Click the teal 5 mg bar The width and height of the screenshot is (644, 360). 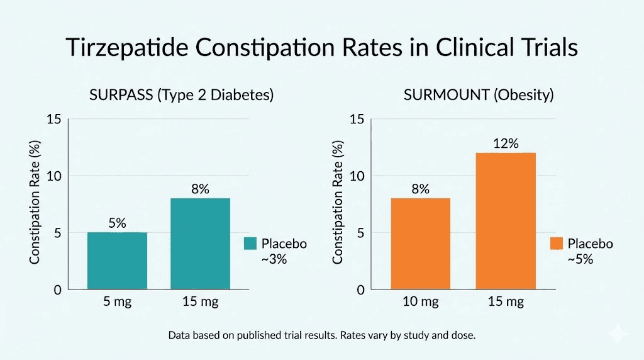pos(117,261)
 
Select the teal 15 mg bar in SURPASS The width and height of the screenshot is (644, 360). pos(200,244)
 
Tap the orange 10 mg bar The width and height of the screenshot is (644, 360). pos(421,244)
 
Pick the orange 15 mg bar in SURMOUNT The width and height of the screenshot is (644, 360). pos(506,221)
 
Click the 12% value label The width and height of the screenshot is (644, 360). pos(506,143)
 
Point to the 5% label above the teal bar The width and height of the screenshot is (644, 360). pos(117,223)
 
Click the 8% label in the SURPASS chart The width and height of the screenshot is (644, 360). pos(200,189)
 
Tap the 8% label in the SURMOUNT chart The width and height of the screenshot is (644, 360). pos(421,189)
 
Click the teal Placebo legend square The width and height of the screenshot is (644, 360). pos(250,244)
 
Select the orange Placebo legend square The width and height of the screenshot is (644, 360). pos(556,244)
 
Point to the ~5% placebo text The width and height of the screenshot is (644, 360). pos(580,258)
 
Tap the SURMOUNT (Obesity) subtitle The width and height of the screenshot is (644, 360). pos(479,96)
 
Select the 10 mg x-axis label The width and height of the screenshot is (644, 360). pos(421,301)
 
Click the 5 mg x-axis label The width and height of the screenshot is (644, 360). pos(117,301)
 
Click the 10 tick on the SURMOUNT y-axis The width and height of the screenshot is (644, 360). pos(357,176)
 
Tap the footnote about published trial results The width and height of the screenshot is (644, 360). pos(322,335)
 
